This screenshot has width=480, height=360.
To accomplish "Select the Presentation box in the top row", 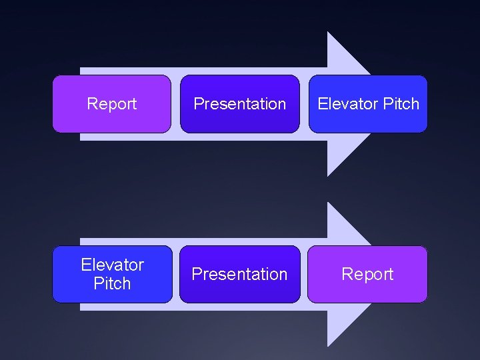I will coord(240,120).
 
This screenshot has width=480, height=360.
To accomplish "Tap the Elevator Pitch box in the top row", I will coord(367,120).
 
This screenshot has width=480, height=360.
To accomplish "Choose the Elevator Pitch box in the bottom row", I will coord(112,293).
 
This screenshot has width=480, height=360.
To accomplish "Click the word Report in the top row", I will coord(112,104).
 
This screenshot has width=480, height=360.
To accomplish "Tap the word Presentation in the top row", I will coord(240,104).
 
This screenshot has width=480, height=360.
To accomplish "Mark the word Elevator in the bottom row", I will coord(112,265).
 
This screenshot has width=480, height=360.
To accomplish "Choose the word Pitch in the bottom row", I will coord(112,283).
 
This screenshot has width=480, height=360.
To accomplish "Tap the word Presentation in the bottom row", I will coord(240,274).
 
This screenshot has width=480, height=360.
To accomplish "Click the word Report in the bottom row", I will coord(367,274).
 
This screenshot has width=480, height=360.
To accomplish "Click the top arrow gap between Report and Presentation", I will coord(176,103).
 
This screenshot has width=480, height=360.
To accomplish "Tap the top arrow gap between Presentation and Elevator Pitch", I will coord(304,103).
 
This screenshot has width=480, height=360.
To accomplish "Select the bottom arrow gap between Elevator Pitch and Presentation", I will coord(176,274).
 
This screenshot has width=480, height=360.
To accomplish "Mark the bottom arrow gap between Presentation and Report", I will coord(304,274).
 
